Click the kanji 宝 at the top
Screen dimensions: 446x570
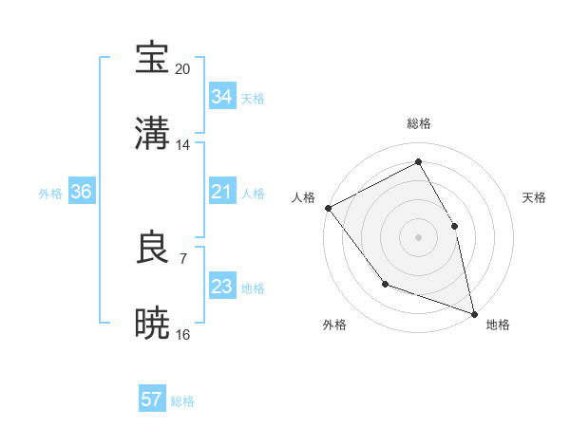153,60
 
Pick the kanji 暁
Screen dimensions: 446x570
153,324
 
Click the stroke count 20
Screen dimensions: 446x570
183,69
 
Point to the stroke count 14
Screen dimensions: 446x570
183,145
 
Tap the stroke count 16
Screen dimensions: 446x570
183,334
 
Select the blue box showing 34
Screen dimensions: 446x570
221,97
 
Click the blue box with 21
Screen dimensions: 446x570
221,192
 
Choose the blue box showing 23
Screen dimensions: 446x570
221,287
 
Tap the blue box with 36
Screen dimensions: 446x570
81,192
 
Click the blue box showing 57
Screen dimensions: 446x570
152,400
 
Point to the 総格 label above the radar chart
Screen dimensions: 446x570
419,123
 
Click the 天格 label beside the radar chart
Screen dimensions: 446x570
534,197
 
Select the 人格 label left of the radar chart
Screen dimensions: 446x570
303,197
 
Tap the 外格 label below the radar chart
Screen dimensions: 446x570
334,325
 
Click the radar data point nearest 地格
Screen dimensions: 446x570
473,312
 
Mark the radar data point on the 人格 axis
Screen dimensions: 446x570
328,208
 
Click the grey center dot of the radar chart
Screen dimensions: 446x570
418,236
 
